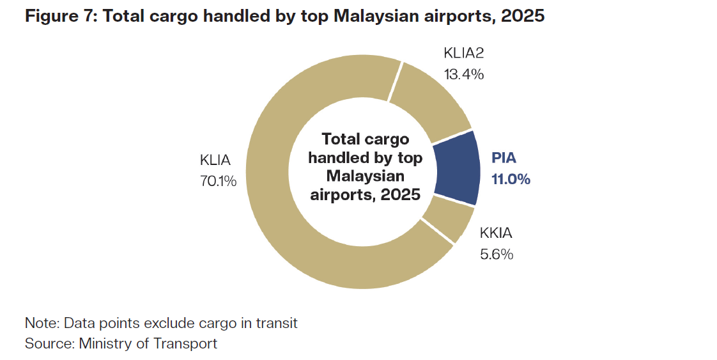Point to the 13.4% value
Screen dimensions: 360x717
[x=463, y=74]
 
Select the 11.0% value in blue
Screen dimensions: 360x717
[x=511, y=179]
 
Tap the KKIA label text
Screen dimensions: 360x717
[x=496, y=233]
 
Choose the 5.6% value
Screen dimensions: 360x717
[x=496, y=254]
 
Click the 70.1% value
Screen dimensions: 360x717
[x=219, y=181]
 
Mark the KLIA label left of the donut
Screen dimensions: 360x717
[x=215, y=160]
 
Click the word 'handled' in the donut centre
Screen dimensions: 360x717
[x=336, y=157]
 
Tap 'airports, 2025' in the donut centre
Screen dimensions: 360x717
[x=366, y=194]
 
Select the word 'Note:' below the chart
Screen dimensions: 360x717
[x=42, y=323]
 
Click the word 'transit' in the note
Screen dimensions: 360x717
[x=277, y=323]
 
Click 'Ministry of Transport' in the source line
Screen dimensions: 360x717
[x=148, y=343]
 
